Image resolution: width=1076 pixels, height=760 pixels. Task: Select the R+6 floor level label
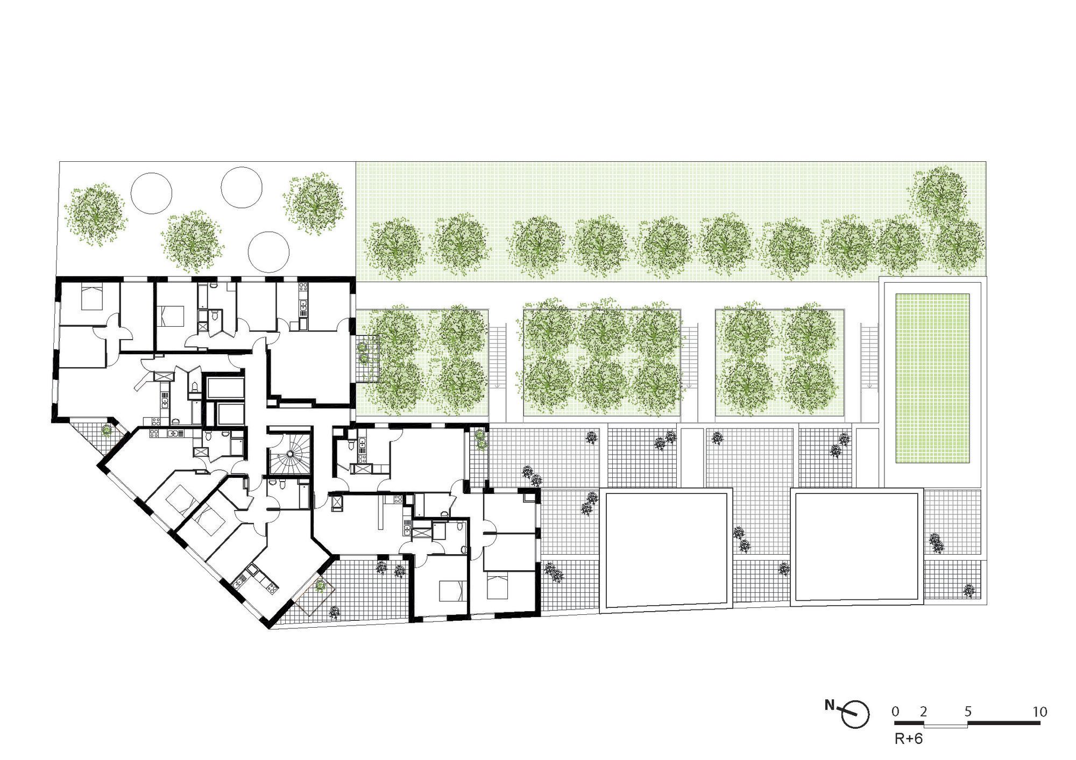click(909, 739)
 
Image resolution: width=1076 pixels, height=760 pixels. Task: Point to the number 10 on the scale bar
click(1040, 712)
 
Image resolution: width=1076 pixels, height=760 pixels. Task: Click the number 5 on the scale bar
click(968, 712)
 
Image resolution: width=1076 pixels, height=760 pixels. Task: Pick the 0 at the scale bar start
click(895, 712)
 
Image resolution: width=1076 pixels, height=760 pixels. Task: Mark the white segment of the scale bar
click(946, 726)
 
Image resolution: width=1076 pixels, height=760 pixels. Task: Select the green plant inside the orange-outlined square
click(320, 585)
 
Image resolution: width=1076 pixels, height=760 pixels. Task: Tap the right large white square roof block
click(856, 545)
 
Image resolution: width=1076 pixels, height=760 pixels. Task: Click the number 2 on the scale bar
click(924, 712)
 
